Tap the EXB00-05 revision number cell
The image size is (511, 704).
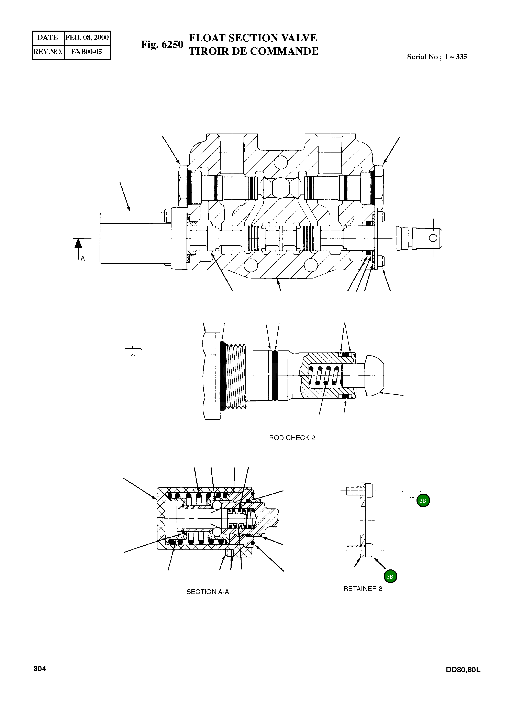click(x=87, y=52)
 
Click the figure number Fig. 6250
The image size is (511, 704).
click(x=162, y=45)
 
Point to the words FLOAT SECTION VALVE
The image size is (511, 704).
click(x=253, y=38)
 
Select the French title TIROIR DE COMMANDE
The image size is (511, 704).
click(x=253, y=51)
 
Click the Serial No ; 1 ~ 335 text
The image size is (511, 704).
click(x=437, y=57)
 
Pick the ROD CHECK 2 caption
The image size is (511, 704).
click(x=292, y=438)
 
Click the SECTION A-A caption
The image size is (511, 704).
click(x=208, y=592)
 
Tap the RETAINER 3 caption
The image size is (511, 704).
click(x=363, y=589)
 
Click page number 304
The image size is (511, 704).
click(x=40, y=669)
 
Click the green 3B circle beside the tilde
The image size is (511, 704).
click(x=423, y=501)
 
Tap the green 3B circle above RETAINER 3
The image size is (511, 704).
click(x=390, y=576)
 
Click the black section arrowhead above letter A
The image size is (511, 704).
click(x=78, y=243)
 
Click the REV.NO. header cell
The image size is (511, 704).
click(x=48, y=52)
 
